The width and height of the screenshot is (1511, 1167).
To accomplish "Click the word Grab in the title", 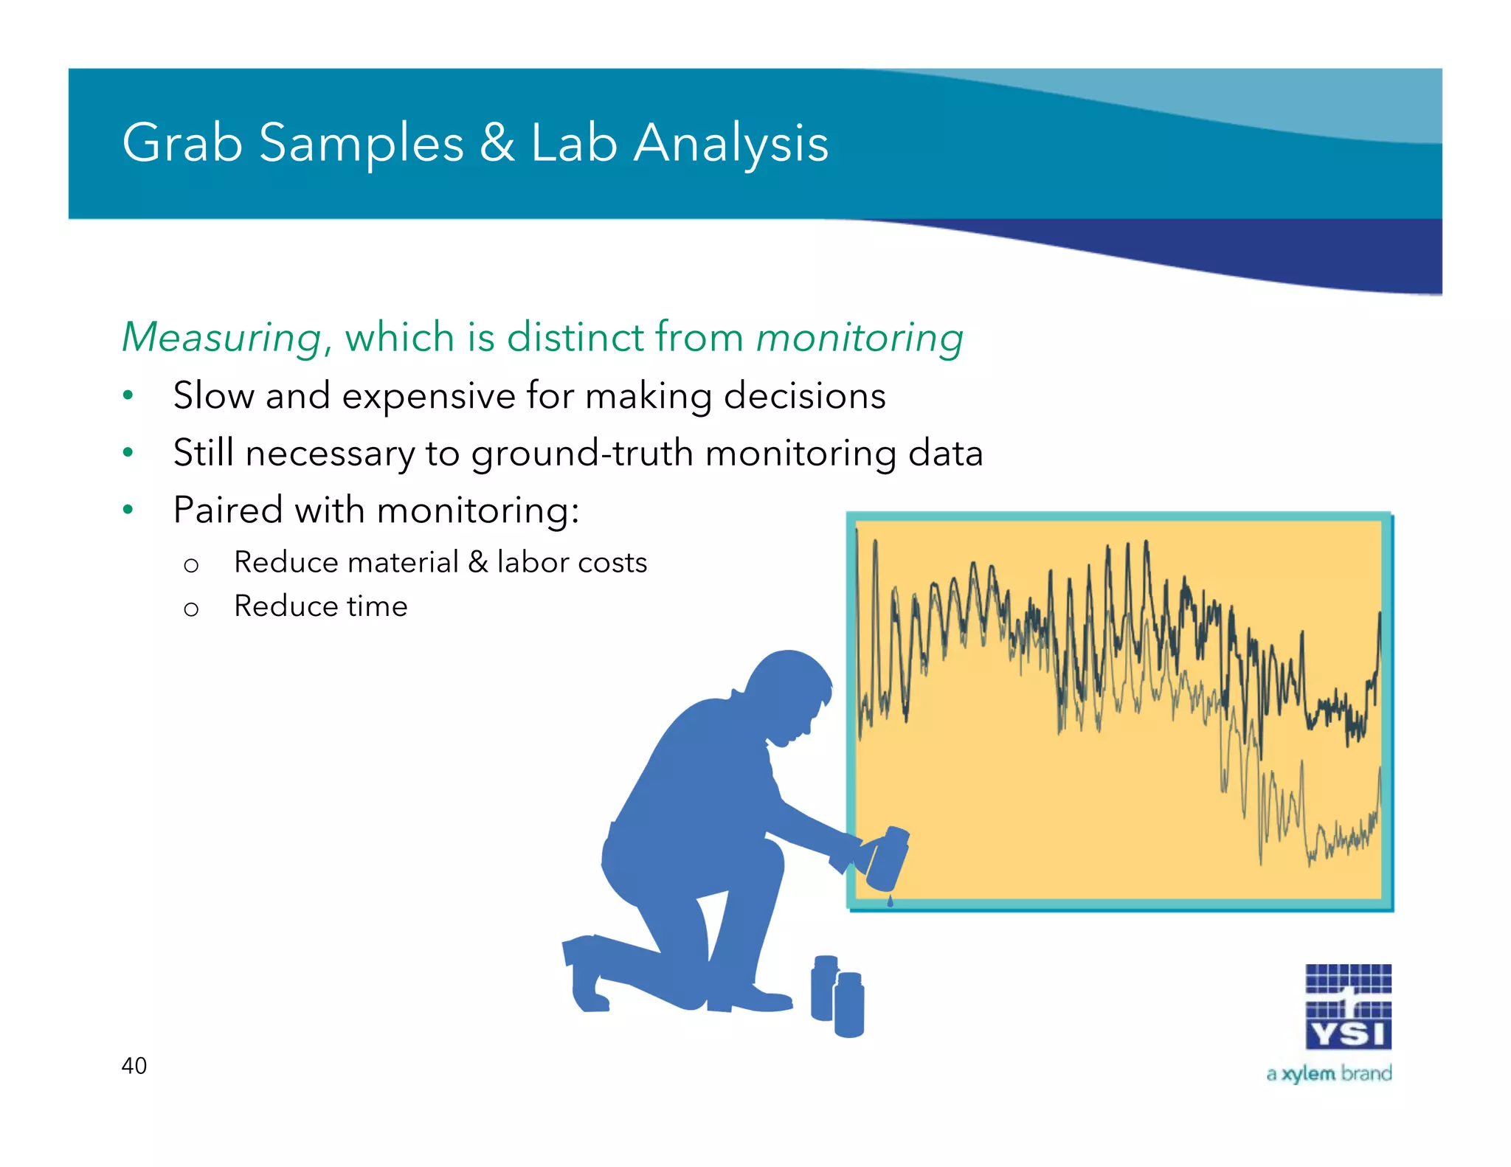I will point(182,142).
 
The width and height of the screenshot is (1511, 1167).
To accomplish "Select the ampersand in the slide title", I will point(497,142).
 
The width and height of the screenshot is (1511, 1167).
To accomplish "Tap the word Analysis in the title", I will point(731,144).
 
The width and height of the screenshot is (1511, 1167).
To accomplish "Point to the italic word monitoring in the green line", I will point(860,338).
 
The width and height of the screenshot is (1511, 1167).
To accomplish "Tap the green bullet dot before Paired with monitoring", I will point(128,509).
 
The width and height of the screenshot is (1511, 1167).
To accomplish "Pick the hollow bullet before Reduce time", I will point(191,609).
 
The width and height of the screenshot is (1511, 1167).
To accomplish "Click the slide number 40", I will point(134,1065).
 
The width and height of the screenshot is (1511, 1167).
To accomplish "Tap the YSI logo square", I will point(1348,1006).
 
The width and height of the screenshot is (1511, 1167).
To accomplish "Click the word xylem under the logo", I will point(1308,1073).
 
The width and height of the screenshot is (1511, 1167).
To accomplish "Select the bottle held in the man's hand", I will point(888,858).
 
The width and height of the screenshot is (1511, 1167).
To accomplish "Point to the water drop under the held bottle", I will point(890,901).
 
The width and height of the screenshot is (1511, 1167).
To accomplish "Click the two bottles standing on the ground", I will point(837,996).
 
